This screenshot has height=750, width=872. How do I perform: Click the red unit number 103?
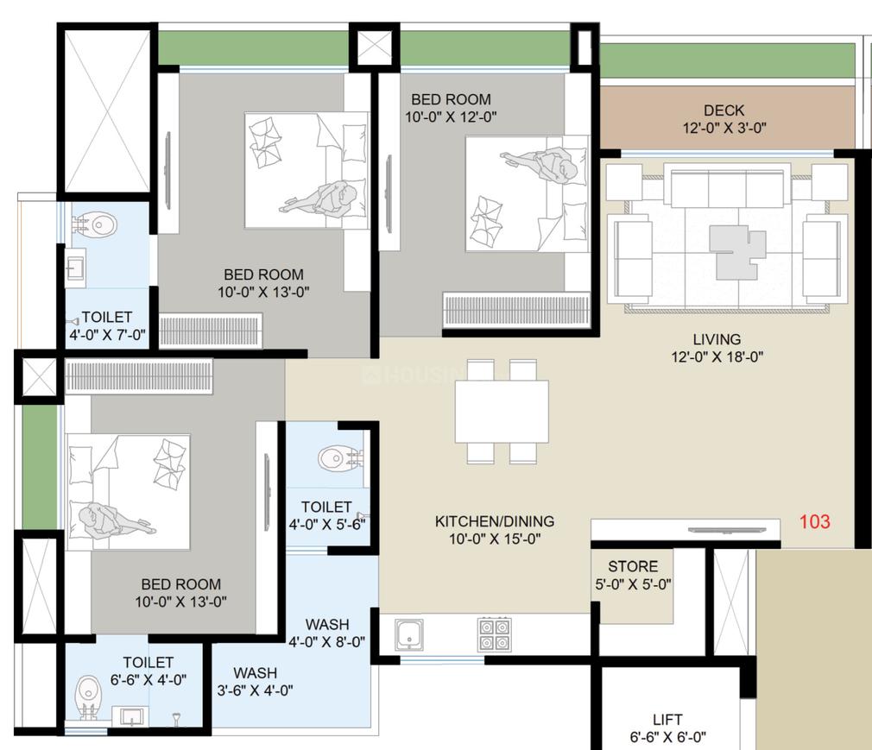[x=814, y=521]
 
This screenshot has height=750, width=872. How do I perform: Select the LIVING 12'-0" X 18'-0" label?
[x=717, y=347]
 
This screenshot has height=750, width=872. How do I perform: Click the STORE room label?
[x=633, y=575]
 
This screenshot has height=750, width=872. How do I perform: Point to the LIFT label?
[x=667, y=728]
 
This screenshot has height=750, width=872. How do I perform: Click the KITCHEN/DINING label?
[x=494, y=530]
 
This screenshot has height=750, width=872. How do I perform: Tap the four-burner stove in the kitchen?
[x=494, y=634]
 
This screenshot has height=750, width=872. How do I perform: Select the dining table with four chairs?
[x=502, y=412]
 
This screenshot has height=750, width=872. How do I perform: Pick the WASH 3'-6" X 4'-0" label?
[x=255, y=681]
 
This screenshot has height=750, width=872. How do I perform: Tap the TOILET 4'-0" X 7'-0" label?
[x=107, y=325]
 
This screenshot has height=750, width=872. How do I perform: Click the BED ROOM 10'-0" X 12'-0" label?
[x=451, y=107]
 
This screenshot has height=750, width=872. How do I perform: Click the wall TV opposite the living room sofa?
[x=723, y=530]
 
